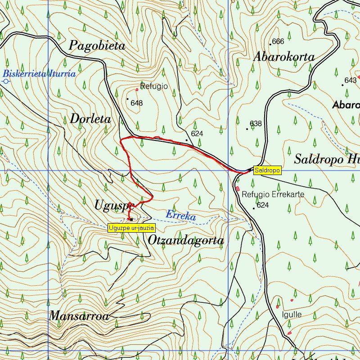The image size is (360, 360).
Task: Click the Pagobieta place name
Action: (x=97, y=46)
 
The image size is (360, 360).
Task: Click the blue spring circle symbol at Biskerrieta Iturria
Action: (x=6, y=81)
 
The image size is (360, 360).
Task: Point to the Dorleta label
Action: (x=90, y=119)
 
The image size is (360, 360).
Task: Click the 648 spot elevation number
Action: (x=136, y=103)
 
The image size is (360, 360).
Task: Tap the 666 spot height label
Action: (x=278, y=41)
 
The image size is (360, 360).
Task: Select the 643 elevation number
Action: (x=350, y=81)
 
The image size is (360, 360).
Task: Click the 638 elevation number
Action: (x=256, y=123)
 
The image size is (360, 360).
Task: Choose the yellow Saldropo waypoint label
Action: (x=267, y=170)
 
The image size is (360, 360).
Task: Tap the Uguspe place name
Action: (x=114, y=206)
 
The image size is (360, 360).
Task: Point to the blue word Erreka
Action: (x=180, y=216)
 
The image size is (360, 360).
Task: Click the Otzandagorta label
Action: (x=186, y=241)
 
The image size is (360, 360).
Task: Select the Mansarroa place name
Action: (x=79, y=316)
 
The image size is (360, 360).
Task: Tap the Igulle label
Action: (x=292, y=314)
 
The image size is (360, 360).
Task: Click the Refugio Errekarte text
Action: (x=273, y=194)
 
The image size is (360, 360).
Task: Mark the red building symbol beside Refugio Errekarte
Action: (x=237, y=189)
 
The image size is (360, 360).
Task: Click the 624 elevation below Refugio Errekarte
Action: (x=263, y=205)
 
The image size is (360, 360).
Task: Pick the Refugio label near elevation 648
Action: (x=154, y=86)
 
